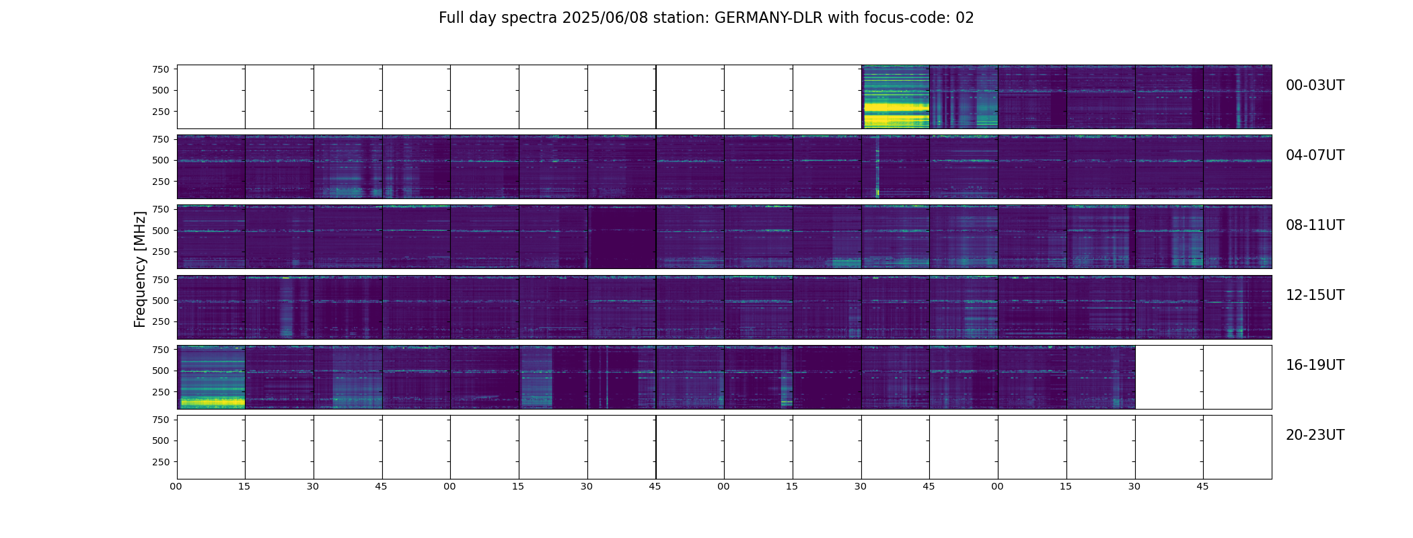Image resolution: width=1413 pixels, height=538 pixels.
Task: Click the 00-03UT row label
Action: click(1315, 85)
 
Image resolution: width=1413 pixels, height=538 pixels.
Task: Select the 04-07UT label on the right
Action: click(1315, 155)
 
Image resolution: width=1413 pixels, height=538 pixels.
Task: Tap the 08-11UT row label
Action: click(1315, 225)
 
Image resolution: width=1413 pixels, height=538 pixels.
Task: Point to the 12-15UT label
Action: click(1315, 295)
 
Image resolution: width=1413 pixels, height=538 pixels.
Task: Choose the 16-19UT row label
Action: click(1315, 365)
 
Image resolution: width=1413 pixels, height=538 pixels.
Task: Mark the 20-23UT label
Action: click(1315, 435)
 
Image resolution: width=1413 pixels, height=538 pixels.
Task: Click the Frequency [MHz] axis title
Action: click(140, 269)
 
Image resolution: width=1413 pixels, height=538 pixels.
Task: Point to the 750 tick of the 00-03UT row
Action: click(161, 69)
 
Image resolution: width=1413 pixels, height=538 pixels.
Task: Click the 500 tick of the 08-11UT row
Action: click(161, 231)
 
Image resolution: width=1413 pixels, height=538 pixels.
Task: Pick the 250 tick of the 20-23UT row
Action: click(161, 462)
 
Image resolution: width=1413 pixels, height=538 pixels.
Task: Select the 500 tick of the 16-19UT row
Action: click(161, 371)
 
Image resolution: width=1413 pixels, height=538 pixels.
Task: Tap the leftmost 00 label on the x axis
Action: click(176, 486)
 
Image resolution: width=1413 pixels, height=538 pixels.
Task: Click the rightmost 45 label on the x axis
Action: click(1202, 486)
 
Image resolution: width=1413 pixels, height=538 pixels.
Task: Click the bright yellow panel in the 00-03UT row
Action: click(896, 97)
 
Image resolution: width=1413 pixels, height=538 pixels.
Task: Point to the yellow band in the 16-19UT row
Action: click(211, 403)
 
